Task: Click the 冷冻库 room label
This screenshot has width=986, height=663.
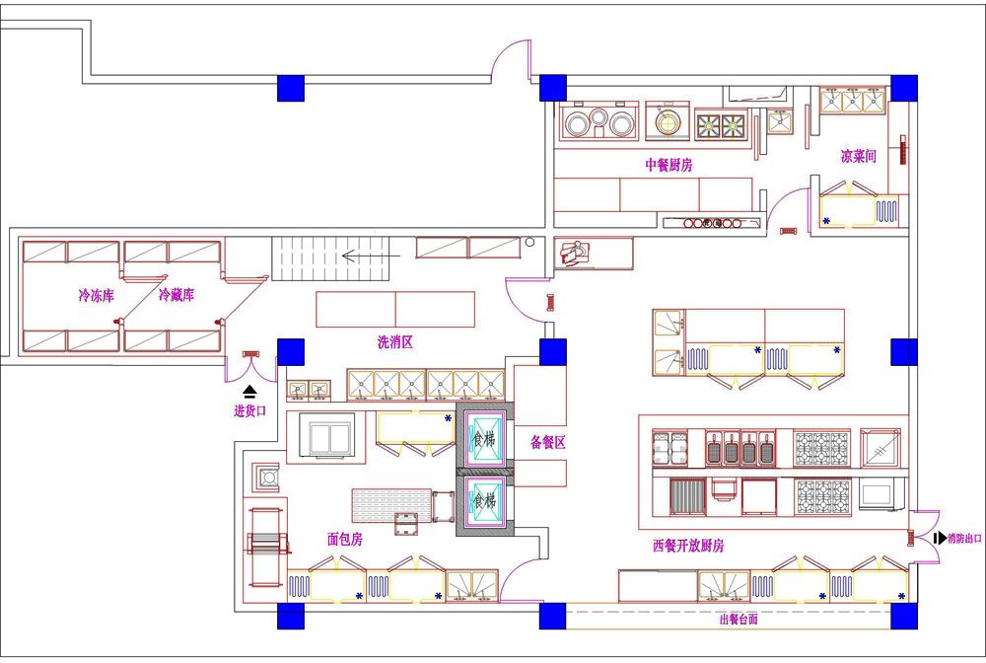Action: (x=97, y=295)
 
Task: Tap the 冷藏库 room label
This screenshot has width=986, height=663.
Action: (x=176, y=294)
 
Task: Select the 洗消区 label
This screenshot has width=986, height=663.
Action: (x=395, y=342)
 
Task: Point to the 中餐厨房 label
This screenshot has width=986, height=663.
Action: (x=669, y=165)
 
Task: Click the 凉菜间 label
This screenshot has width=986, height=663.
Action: (x=859, y=156)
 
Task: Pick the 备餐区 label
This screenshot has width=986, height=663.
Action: (x=547, y=442)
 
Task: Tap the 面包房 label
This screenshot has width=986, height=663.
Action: (x=344, y=539)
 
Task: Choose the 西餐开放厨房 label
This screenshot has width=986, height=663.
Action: (x=688, y=546)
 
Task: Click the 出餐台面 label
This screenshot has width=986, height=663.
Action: (x=739, y=619)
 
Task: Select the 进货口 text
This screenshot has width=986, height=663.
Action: (x=250, y=410)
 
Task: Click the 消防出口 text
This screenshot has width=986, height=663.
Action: (x=964, y=539)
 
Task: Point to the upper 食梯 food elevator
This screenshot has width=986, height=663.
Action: (x=484, y=438)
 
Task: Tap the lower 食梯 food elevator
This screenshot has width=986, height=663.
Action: (x=484, y=501)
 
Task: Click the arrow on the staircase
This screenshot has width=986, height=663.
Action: (x=371, y=256)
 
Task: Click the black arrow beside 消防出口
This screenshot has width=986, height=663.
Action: (x=940, y=539)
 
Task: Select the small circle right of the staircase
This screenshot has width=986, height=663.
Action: (x=530, y=242)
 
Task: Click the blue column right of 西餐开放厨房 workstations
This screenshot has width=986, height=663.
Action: (x=903, y=351)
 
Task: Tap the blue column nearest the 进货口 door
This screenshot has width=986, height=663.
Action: (x=291, y=351)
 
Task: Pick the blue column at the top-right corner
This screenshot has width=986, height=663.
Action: (x=903, y=88)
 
